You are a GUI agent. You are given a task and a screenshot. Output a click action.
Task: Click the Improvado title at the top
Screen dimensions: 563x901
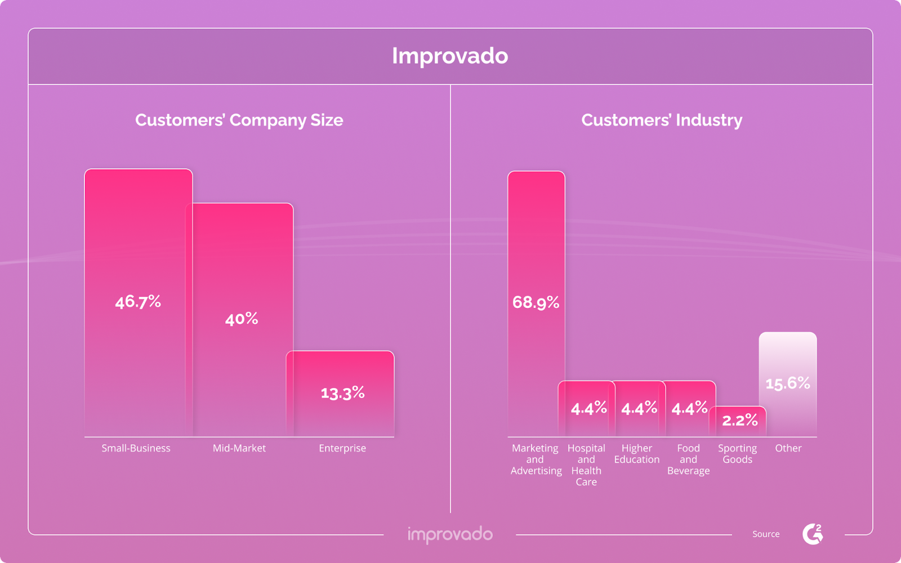[450, 56]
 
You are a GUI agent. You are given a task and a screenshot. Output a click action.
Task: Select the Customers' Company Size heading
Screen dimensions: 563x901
[239, 120]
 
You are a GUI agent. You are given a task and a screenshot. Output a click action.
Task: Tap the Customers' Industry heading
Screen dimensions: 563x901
[662, 120]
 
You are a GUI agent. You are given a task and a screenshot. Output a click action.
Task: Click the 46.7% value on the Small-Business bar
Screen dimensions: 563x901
[138, 302]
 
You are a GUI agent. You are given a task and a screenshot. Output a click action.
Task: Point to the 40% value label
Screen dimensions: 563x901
[242, 319]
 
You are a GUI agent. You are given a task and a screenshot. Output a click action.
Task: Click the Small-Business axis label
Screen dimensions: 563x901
[136, 448]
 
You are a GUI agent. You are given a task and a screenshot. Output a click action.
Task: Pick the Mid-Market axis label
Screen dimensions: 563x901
[239, 448]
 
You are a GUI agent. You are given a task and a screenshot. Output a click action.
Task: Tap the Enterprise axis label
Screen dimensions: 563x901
[342, 448]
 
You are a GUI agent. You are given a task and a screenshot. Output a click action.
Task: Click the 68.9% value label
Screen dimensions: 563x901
[536, 303]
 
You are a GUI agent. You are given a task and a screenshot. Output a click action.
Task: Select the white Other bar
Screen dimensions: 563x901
[788, 384]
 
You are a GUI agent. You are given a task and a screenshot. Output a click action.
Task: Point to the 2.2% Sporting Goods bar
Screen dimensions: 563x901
[738, 421]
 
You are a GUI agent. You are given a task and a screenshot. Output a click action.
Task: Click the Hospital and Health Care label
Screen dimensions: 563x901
[586, 464]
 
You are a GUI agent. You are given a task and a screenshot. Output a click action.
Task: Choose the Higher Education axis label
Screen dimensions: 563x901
[637, 454]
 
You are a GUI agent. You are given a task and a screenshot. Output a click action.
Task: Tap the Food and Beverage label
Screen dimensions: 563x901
[688, 459]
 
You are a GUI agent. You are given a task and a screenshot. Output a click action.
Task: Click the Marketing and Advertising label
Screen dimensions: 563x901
[536, 459]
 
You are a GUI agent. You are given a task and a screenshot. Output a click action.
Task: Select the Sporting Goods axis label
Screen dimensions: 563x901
[738, 454]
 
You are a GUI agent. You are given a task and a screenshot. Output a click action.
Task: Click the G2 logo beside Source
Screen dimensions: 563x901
[813, 534]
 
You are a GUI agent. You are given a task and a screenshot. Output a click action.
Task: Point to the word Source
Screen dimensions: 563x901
[766, 534]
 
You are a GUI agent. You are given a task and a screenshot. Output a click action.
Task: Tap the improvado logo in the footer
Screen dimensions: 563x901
[450, 534]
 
